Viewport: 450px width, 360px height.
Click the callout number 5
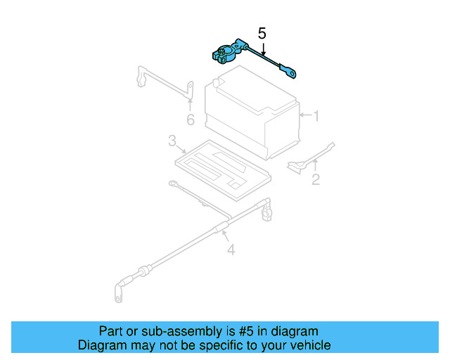click(x=262, y=33)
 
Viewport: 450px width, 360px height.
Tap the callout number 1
click(x=316, y=115)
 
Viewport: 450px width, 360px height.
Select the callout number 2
click(x=316, y=179)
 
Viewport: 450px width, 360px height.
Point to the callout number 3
click(x=172, y=142)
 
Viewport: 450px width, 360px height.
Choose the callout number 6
click(x=190, y=120)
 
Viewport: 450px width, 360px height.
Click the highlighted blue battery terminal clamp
click(x=226, y=54)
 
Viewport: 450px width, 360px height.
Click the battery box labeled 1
click(x=250, y=112)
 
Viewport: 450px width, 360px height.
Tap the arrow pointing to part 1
click(x=304, y=115)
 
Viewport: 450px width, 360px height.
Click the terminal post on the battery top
click(x=217, y=82)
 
